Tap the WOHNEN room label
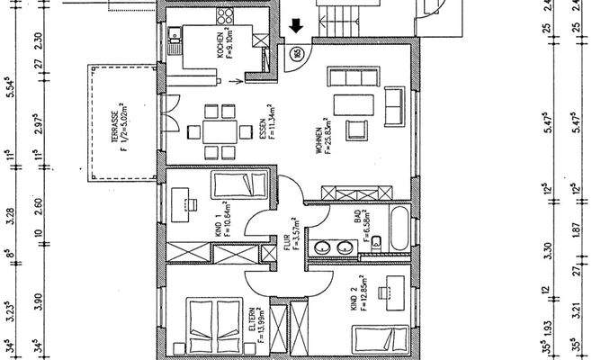(318, 139)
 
